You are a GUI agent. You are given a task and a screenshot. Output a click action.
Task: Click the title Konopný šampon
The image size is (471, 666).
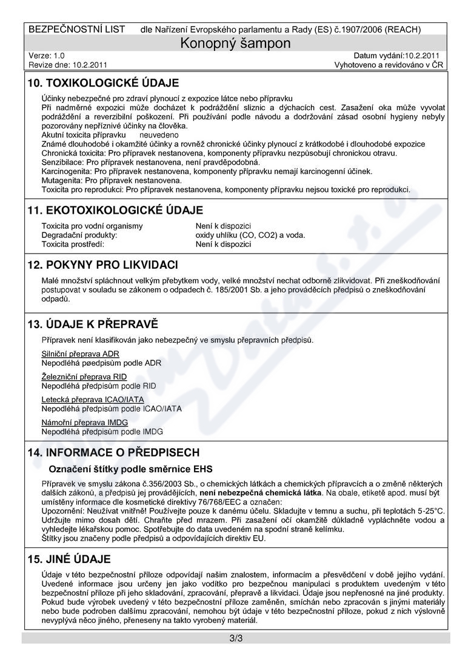click(x=236, y=43)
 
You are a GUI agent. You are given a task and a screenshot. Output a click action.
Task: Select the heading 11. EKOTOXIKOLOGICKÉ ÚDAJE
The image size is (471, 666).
click(x=118, y=210)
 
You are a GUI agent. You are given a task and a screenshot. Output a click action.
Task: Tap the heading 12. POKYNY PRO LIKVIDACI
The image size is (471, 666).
click(x=102, y=265)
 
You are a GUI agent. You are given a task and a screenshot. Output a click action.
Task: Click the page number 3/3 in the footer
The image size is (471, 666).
click(x=236, y=638)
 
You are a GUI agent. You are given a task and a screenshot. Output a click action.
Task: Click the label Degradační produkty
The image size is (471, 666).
click(x=79, y=235)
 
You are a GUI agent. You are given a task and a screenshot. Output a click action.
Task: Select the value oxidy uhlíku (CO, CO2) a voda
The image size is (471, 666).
click(x=250, y=235)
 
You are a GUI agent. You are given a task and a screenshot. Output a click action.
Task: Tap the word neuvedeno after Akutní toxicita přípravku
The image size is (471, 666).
click(x=159, y=134)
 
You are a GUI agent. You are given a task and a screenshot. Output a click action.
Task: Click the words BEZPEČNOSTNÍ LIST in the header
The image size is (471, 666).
click(x=77, y=29)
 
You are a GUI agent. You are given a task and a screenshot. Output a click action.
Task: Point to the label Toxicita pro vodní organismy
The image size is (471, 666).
click(x=92, y=226)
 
